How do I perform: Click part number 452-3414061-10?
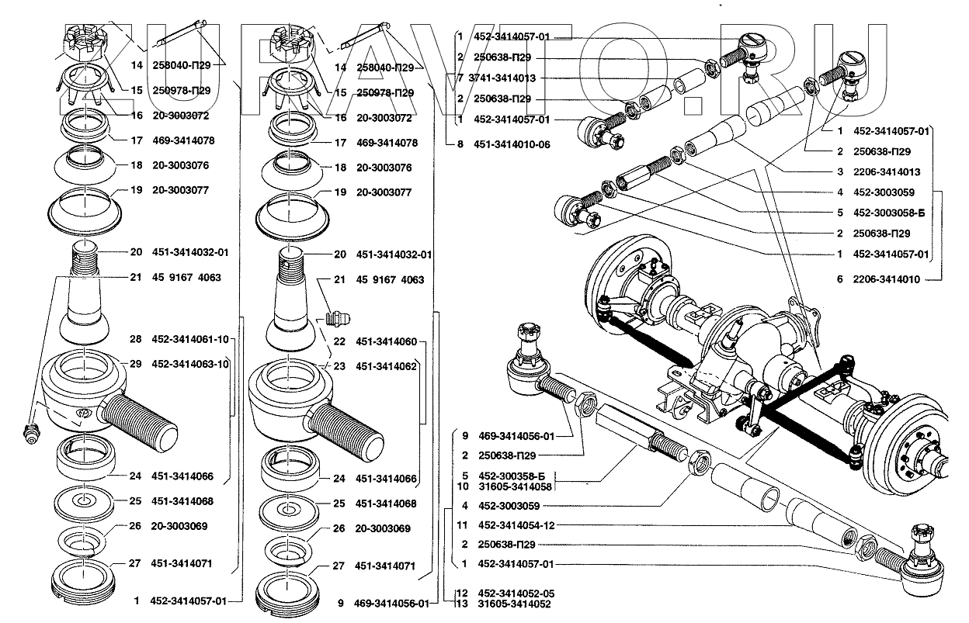pyautogui.click(x=190, y=339)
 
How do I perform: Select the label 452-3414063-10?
pyautogui.click(x=190, y=364)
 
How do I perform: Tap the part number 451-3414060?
pyautogui.click(x=387, y=341)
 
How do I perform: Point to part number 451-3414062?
pyautogui.click(x=387, y=366)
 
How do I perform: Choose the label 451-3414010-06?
pyautogui.click(x=512, y=144)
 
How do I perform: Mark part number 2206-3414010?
pyautogui.click(x=887, y=279)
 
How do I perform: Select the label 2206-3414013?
pyautogui.click(x=887, y=171)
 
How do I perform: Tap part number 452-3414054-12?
pyautogui.click(x=516, y=525)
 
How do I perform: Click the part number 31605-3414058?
pyautogui.click(x=515, y=486)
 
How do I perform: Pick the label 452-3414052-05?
pyautogui.click(x=516, y=594)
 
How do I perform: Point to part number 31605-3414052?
pyautogui.click(x=514, y=604)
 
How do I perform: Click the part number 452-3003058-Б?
pyautogui.click(x=889, y=213)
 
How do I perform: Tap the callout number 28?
pyautogui.click(x=135, y=339)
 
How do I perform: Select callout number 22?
pyautogui.click(x=339, y=341)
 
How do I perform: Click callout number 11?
pyautogui.click(x=462, y=525)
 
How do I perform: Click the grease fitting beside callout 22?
pyautogui.click(x=338, y=319)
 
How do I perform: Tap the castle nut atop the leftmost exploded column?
pyautogui.click(x=85, y=42)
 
